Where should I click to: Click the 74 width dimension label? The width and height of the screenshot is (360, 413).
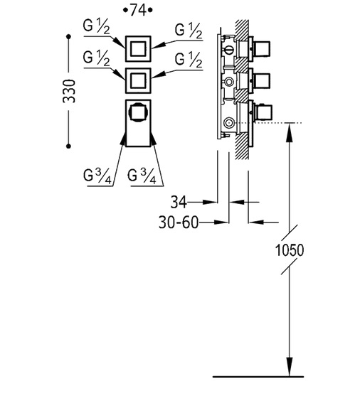coord(138,10)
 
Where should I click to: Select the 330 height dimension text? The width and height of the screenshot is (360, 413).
coord(69,91)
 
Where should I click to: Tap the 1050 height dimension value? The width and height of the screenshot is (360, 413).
coord(290,250)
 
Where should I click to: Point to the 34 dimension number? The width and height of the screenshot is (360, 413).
coord(179,202)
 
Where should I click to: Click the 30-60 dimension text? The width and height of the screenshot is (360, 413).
coord(179,222)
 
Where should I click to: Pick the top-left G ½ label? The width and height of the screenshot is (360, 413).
coord(96,26)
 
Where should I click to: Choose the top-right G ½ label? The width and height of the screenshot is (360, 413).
coord(189,31)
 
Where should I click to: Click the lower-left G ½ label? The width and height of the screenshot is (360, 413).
coord(96,58)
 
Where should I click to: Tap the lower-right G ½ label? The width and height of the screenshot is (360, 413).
coord(189,60)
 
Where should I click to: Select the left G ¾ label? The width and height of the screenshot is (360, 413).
coord(97,176)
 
